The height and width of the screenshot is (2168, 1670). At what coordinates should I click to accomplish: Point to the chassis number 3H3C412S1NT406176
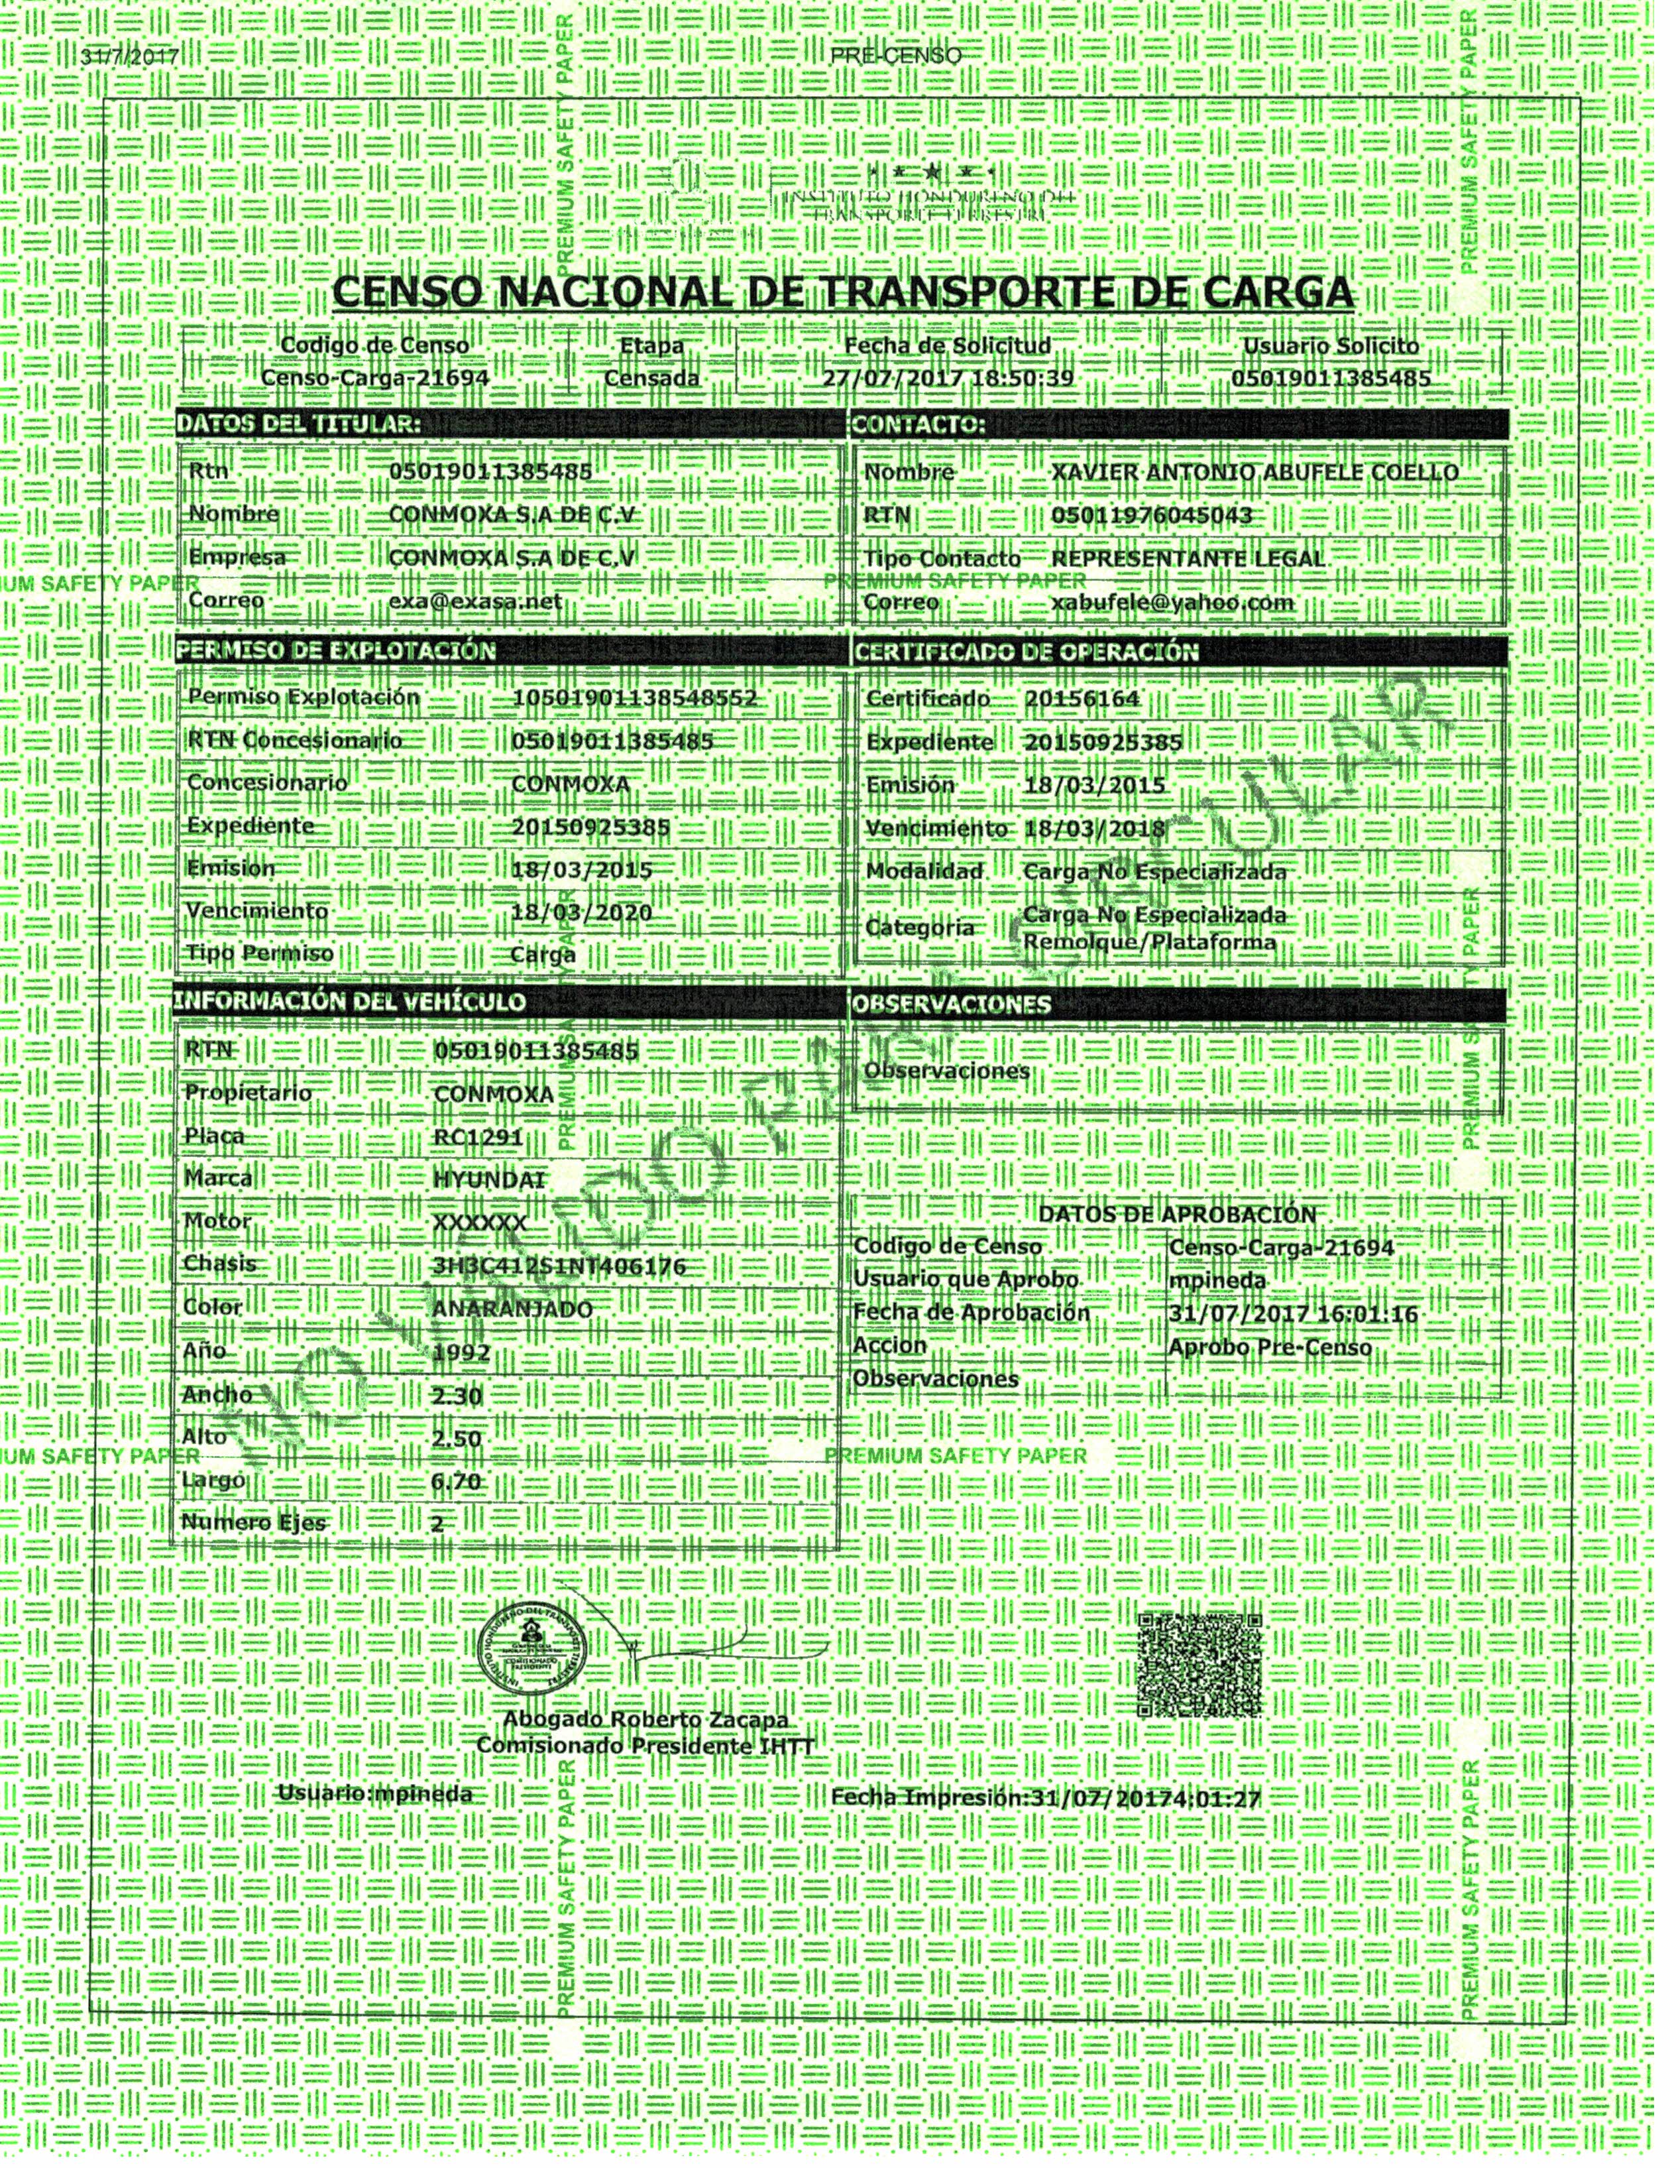[559, 1266]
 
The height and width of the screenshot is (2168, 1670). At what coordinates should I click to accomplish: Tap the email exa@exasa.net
[475, 601]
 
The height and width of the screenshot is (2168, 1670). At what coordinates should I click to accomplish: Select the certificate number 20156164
[1083, 699]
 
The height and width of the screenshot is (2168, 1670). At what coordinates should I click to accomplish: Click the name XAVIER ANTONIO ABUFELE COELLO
[1254, 473]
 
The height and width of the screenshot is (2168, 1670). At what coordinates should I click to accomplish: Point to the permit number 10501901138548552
[634, 698]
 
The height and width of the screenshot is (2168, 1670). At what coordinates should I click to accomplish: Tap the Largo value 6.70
[457, 1481]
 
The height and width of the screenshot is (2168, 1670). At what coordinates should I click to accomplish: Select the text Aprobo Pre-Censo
[1270, 1347]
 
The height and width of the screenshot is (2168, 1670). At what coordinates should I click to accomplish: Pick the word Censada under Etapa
[651, 378]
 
